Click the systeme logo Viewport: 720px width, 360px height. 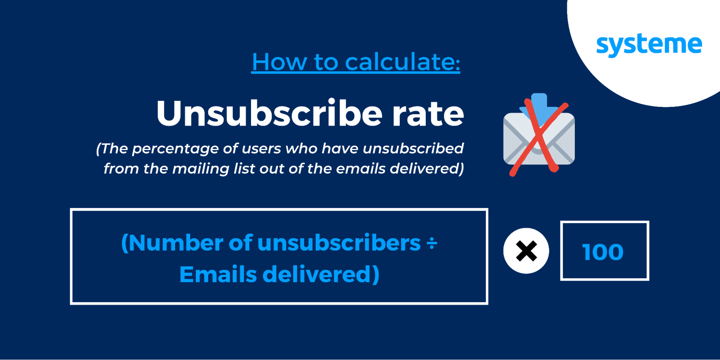click(x=649, y=45)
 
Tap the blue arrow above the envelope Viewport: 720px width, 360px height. click(x=539, y=108)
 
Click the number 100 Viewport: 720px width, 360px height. click(x=603, y=252)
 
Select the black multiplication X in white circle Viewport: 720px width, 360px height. click(x=526, y=251)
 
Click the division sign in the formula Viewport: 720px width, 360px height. click(x=431, y=243)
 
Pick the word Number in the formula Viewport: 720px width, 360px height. click(x=176, y=243)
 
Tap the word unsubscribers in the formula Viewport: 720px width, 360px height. click(x=339, y=243)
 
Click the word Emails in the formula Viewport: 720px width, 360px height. click(x=218, y=275)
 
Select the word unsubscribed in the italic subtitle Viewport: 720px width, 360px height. click(x=413, y=148)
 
